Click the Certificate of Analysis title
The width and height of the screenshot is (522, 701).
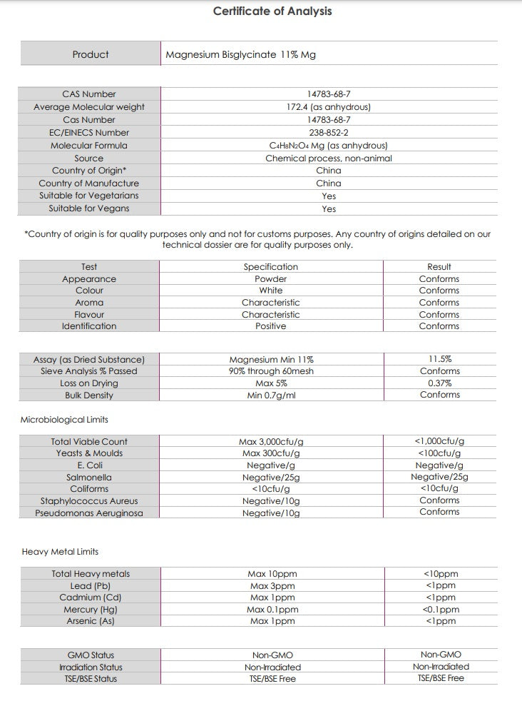click(272, 11)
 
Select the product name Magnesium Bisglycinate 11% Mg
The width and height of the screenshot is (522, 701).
click(240, 54)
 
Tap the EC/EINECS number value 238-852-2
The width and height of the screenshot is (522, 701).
click(328, 133)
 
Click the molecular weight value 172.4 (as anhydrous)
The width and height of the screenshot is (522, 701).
click(328, 107)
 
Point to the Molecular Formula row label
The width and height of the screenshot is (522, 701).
click(89, 146)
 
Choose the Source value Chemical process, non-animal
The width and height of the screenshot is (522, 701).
click(328, 158)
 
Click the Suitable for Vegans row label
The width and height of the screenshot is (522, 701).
click(89, 209)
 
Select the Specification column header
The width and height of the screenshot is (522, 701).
click(270, 267)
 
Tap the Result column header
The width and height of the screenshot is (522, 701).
click(439, 267)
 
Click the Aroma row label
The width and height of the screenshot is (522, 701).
click(89, 303)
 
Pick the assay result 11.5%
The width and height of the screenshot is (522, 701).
click(440, 360)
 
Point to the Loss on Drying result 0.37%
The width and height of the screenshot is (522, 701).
click(440, 383)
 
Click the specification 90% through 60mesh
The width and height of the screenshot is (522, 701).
click(271, 371)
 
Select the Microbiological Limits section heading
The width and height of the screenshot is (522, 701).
click(64, 420)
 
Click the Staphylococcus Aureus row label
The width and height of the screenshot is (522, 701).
click(89, 501)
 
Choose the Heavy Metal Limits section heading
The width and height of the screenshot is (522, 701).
click(60, 552)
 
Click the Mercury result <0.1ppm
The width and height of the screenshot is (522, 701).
click(440, 610)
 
